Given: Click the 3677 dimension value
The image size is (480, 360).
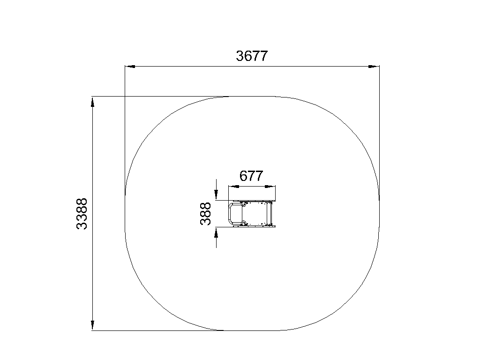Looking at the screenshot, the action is point(252,56).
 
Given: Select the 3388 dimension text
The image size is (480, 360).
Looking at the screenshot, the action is point(82,214).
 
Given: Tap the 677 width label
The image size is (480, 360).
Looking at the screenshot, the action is point(251,176).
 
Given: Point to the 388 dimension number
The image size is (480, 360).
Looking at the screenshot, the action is point(205,214).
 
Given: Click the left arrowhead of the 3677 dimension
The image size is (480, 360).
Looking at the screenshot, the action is point(130,66).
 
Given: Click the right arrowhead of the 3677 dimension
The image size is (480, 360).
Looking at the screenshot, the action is point(374,66).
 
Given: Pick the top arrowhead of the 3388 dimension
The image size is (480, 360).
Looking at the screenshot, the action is point(92,102).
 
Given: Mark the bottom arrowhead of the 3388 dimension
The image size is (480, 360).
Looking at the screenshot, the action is point(92,325).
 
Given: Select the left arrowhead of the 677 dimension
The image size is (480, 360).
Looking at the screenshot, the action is point(234,187).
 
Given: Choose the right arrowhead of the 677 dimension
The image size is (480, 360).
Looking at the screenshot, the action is point(270,187).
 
